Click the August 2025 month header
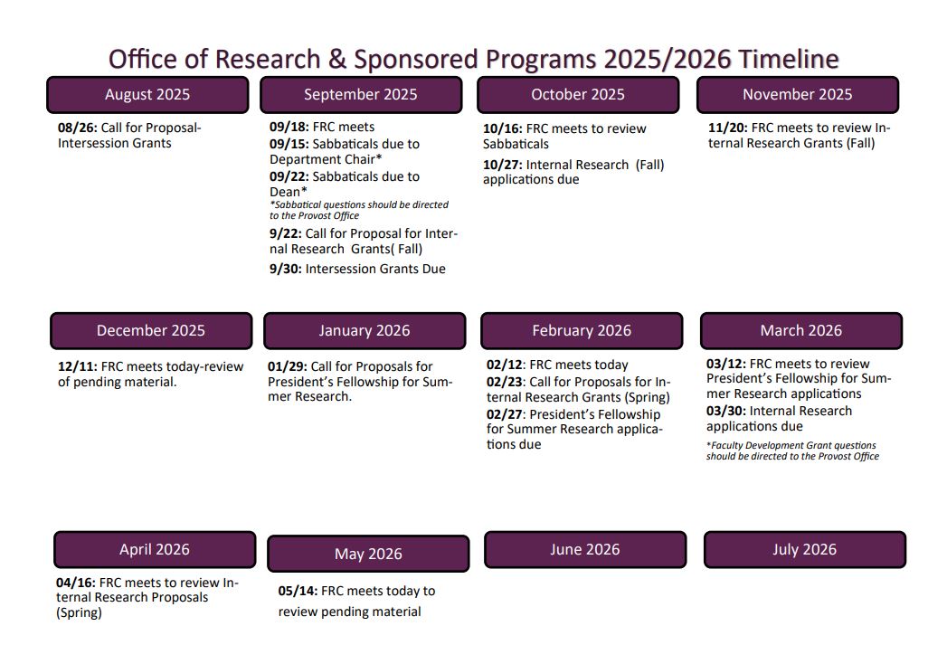point(147,95)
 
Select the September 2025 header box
point(361,95)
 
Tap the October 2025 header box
point(578,95)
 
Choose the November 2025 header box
point(797,95)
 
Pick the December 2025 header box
point(151,331)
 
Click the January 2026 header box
point(365,331)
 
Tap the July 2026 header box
point(804,550)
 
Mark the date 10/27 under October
point(502,165)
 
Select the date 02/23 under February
point(506,383)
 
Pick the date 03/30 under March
point(725,411)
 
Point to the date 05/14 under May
point(298,591)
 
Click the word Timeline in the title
point(789,60)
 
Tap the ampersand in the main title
point(336,60)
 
